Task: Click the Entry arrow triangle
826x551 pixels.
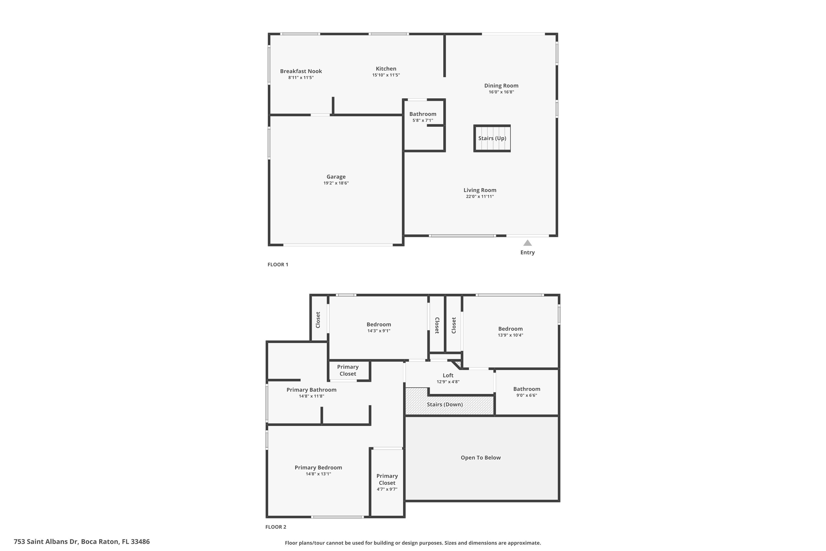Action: (528, 243)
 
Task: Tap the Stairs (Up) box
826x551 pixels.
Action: (492, 138)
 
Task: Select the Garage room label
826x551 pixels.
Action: (336, 177)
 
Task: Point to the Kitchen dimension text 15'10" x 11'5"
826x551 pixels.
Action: (386, 75)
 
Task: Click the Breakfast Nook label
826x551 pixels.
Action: (301, 71)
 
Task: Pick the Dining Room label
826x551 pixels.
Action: (501, 85)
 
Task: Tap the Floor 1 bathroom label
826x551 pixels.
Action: (423, 114)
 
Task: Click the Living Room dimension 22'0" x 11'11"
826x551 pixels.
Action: (480, 196)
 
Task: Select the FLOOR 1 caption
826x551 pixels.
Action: (278, 264)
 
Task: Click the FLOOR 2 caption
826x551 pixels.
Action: (276, 527)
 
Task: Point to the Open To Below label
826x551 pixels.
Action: (480, 458)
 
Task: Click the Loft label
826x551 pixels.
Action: (448, 375)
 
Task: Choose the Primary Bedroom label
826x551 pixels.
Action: (318, 467)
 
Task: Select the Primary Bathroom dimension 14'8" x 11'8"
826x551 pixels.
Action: (311, 396)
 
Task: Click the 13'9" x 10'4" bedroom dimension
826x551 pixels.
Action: (510, 335)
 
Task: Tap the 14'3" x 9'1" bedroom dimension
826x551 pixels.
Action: (379, 331)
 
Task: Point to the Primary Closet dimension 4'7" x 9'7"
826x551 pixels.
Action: (387, 489)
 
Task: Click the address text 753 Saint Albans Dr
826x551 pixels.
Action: (46, 542)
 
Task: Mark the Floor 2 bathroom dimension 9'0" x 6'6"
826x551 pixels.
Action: (526, 395)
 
